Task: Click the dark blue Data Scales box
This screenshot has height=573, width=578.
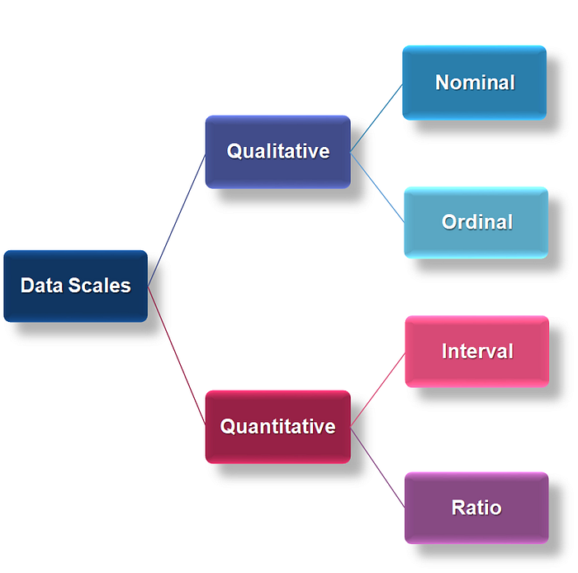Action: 76,286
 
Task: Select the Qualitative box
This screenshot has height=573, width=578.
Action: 278,152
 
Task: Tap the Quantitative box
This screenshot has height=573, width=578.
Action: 278,427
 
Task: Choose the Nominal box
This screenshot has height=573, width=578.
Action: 475,83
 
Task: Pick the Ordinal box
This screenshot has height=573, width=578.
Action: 476,223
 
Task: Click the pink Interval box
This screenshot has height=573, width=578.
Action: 477,351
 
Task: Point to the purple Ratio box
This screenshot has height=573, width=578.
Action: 476,508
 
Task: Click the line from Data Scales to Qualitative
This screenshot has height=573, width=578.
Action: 177,220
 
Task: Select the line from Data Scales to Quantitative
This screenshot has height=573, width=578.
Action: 177,356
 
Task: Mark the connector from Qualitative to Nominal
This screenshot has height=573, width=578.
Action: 377,118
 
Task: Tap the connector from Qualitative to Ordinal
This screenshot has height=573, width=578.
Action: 377,187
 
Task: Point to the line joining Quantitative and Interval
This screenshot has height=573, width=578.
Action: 378,390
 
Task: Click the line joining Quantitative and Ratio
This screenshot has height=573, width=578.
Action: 378,467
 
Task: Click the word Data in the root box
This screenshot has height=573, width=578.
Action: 41,286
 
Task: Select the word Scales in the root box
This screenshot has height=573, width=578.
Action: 100,286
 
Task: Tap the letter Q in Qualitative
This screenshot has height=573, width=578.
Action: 234,151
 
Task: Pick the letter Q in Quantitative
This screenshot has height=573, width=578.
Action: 227,427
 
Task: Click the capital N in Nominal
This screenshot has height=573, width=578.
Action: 443,83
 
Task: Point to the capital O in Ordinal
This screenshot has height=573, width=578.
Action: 449,222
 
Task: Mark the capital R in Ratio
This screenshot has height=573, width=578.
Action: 459,508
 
